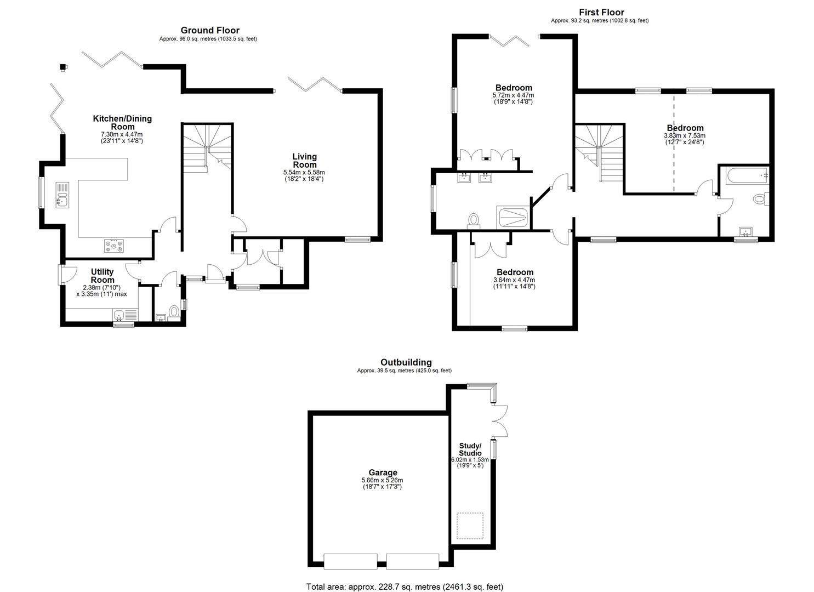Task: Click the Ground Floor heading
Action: click(210, 30)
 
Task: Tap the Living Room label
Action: click(305, 160)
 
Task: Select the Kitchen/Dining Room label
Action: click(122, 122)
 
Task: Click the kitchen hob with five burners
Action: click(114, 246)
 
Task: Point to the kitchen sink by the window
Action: click(62, 195)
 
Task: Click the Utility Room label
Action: click(103, 276)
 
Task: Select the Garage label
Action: click(383, 473)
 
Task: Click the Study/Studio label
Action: click(470, 449)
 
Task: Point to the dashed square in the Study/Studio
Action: click(470, 526)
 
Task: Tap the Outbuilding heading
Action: click(406, 362)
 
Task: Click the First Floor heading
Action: click(601, 13)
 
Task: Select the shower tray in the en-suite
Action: click(513, 218)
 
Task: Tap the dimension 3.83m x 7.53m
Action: click(685, 135)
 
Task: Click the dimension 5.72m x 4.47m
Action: click(513, 95)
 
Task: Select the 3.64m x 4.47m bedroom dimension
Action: click(514, 280)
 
